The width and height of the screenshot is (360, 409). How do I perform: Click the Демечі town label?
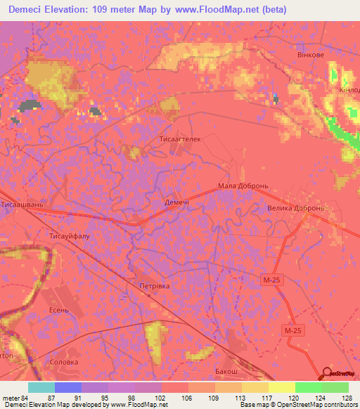(177, 200)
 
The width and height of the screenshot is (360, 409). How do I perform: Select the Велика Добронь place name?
(295, 209)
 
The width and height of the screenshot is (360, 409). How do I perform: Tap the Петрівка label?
(155, 287)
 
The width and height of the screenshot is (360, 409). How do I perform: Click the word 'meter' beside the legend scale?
(11, 397)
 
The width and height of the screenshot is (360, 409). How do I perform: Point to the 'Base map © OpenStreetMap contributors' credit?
(298, 405)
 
